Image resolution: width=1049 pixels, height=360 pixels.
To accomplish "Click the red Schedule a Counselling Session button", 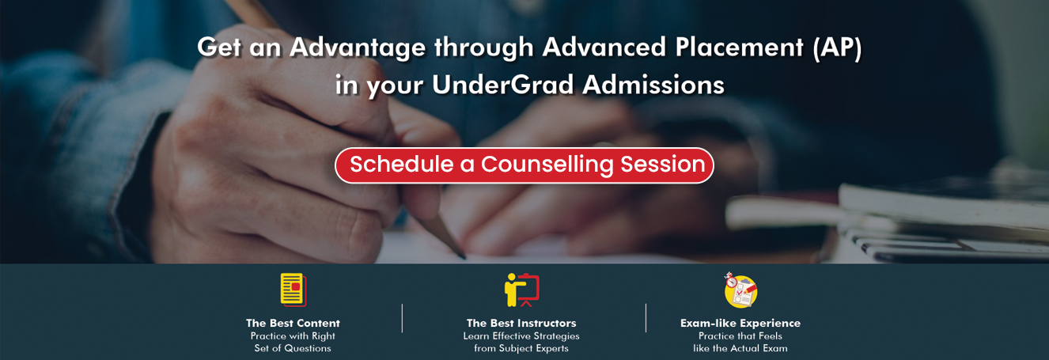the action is click(524, 165).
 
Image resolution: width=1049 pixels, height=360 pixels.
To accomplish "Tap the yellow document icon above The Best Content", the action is click(293, 290).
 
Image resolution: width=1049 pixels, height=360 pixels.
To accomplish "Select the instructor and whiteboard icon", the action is click(521, 290).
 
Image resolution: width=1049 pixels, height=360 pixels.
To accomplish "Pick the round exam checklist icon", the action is click(740, 290).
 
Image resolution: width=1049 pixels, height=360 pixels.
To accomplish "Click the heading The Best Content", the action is click(293, 323).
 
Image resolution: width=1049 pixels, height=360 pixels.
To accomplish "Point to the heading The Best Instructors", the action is click(521, 323).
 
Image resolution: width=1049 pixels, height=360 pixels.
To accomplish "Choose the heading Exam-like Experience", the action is click(740, 323).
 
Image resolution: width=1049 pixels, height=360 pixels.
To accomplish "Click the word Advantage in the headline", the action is click(358, 47).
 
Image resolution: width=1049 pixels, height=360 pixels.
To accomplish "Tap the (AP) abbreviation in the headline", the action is click(837, 47).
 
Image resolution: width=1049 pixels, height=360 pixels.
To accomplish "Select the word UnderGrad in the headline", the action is click(502, 85).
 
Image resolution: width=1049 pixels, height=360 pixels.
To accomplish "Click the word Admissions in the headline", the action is click(653, 85).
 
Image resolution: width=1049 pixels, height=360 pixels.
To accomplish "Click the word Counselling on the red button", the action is click(547, 165).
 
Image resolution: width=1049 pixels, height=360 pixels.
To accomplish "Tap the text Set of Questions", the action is click(293, 348).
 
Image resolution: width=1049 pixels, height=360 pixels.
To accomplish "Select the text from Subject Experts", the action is click(521, 348).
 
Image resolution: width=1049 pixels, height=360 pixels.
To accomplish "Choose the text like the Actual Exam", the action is click(740, 348).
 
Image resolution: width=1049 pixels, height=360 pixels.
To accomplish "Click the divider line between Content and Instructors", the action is click(402, 318).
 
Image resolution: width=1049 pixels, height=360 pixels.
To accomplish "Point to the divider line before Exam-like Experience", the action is click(646, 318).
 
